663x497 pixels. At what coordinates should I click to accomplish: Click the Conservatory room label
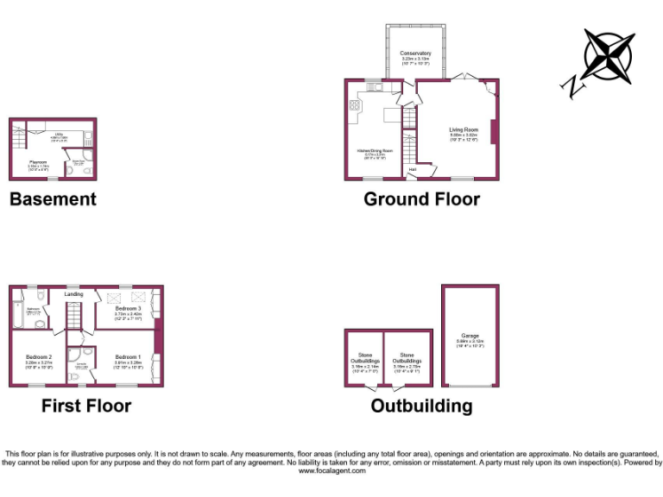[x=415, y=53]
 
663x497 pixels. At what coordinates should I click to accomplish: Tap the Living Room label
[x=464, y=129]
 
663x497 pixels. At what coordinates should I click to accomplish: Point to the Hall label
[x=413, y=170]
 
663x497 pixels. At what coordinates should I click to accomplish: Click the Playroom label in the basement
[x=38, y=160]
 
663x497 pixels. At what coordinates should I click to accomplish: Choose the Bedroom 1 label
[x=127, y=356]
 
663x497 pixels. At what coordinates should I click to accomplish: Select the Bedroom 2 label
[x=39, y=357]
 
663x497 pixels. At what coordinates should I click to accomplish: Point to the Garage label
[x=469, y=336]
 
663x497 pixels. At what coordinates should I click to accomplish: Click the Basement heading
[x=53, y=199]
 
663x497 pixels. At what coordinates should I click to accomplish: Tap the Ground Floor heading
[x=421, y=199]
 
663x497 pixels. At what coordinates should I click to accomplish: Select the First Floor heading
[x=86, y=406]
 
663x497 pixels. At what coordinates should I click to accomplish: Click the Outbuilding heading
[x=421, y=406]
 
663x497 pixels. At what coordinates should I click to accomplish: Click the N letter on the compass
[x=571, y=84]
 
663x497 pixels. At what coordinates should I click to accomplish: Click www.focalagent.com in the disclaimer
[x=331, y=471]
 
